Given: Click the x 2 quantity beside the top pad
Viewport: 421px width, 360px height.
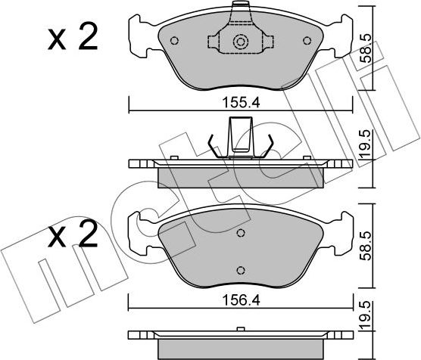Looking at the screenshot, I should [x=73, y=38].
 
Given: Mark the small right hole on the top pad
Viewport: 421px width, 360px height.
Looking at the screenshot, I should [x=306, y=41].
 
